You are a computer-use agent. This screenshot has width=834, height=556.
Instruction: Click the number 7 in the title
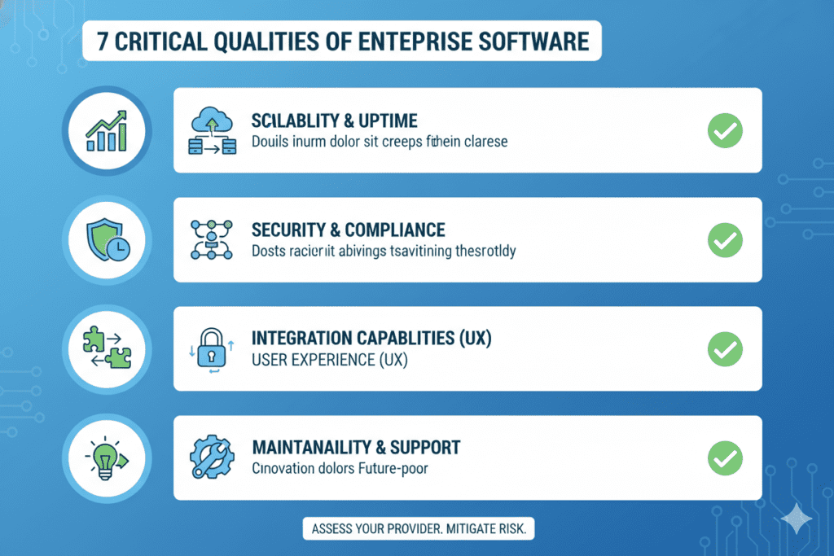pos(103,42)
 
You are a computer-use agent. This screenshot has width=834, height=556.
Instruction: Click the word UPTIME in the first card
pos(386,121)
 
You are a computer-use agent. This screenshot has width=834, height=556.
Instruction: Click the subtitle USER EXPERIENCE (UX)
pos(329,359)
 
